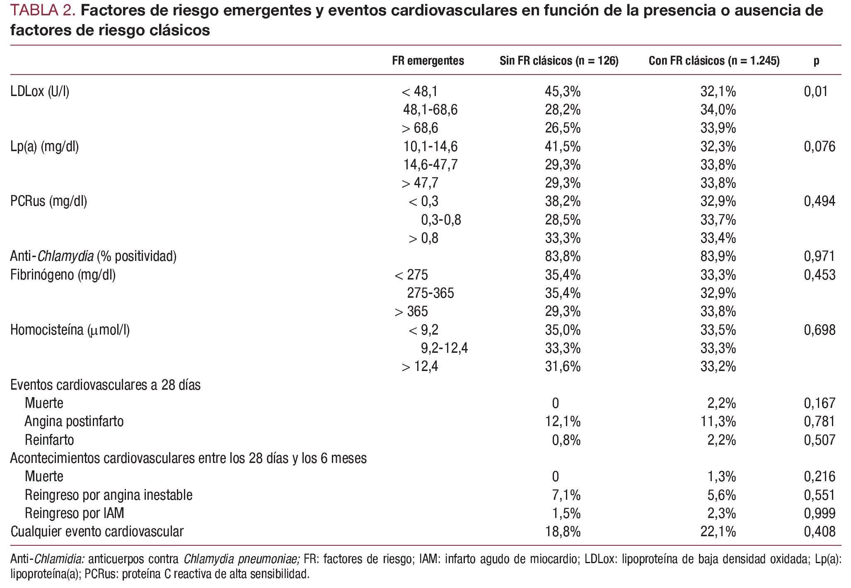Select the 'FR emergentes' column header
pyautogui.click(x=428, y=61)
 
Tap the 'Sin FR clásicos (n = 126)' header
pyautogui.click(x=559, y=61)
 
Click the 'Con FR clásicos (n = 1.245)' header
pyautogui.click(x=714, y=61)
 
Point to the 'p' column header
pyautogui.click(x=816, y=61)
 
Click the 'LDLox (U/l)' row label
pyautogui.click(x=40, y=92)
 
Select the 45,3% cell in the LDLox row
pyautogui.click(x=563, y=92)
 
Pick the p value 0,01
pyautogui.click(x=816, y=92)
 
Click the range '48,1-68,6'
pyautogui.click(x=430, y=110)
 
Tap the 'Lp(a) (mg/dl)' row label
pyautogui.click(x=44, y=147)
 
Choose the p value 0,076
pyautogui.click(x=820, y=147)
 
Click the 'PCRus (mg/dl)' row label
pyautogui.click(x=48, y=202)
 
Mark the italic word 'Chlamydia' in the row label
pyautogui.click(x=65, y=257)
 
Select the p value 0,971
pyautogui.click(x=820, y=257)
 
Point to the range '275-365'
pyautogui.click(x=430, y=293)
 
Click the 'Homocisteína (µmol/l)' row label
pyautogui.click(x=70, y=330)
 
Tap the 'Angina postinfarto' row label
pyautogui.click(x=74, y=422)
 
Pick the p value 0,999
pyautogui.click(x=820, y=513)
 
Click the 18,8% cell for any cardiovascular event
pyautogui.click(x=563, y=532)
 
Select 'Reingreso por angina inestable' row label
pyautogui.click(x=109, y=495)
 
